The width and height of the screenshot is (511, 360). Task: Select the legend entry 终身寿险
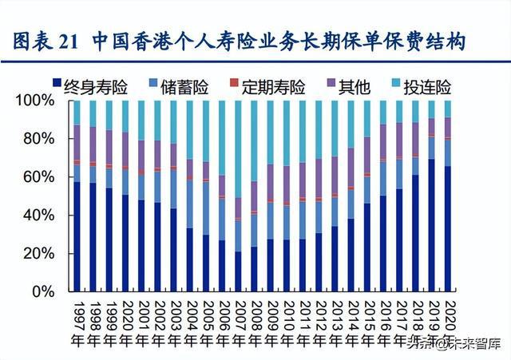[x=93, y=82]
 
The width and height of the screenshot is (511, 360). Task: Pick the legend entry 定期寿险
[x=267, y=82]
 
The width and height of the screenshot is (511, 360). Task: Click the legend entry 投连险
[x=422, y=82]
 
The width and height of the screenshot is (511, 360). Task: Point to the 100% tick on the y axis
[x=36, y=101]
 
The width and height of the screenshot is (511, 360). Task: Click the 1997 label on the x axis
[x=77, y=321]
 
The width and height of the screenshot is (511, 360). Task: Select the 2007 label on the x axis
[x=237, y=321]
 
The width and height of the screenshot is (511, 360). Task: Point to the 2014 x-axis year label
[x=350, y=321]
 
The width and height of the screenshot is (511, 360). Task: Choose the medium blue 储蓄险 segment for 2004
[x=189, y=204]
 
